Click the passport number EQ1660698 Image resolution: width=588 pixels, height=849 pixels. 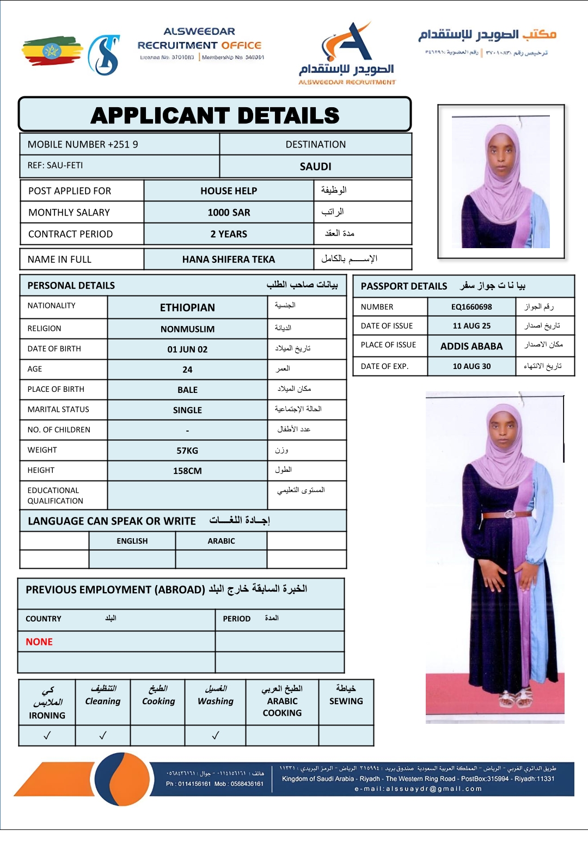click(471, 307)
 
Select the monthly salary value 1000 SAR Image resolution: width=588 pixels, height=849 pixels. click(229, 213)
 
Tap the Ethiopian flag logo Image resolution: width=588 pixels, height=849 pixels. click(52, 51)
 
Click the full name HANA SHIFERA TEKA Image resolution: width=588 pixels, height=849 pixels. click(229, 260)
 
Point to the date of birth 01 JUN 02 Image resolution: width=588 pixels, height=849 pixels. click(187, 349)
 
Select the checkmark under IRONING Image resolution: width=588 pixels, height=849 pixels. click(47, 735)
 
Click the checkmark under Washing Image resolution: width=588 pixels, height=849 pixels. click(216, 735)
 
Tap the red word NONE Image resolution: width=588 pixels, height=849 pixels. click(39, 642)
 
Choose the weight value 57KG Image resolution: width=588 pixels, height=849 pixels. click(187, 451)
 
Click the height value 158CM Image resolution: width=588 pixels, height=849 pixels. click(187, 471)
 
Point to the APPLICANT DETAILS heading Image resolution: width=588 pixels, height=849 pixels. click(215, 115)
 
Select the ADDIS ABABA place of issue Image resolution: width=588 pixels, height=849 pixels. click(471, 346)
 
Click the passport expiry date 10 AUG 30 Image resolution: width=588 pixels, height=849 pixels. click(471, 366)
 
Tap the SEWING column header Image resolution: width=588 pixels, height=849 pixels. click(346, 701)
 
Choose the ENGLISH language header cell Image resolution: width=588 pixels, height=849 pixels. click(132, 541)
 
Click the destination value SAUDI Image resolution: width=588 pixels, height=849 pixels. click(315, 167)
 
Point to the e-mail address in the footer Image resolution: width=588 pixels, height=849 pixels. click(418, 789)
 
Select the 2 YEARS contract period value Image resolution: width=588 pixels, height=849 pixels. click(229, 234)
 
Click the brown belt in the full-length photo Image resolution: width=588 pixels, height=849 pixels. click(507, 514)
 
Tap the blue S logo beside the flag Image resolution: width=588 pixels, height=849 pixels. click(104, 55)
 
